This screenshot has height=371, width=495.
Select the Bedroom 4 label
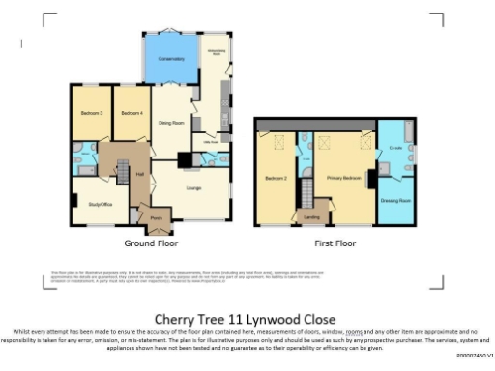131,114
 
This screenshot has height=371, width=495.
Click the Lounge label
192,186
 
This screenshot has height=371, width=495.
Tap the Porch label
155,217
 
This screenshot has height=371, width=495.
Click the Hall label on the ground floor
139,174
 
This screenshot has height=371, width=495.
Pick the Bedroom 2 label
277,179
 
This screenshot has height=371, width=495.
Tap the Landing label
312,216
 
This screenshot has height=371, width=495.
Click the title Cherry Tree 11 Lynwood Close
247,319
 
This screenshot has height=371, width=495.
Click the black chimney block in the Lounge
185,160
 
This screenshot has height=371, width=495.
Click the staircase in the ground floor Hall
123,164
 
